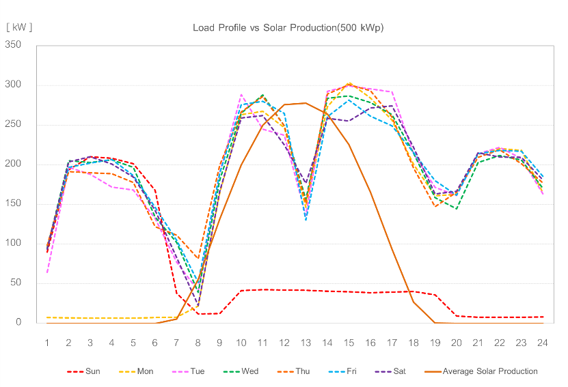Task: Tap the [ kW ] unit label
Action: point(19,27)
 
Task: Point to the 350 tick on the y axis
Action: point(14,45)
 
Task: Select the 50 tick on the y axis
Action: point(16,283)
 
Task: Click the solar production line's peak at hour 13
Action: point(306,103)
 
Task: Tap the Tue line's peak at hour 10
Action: point(241,95)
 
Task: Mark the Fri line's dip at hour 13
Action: point(306,220)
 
